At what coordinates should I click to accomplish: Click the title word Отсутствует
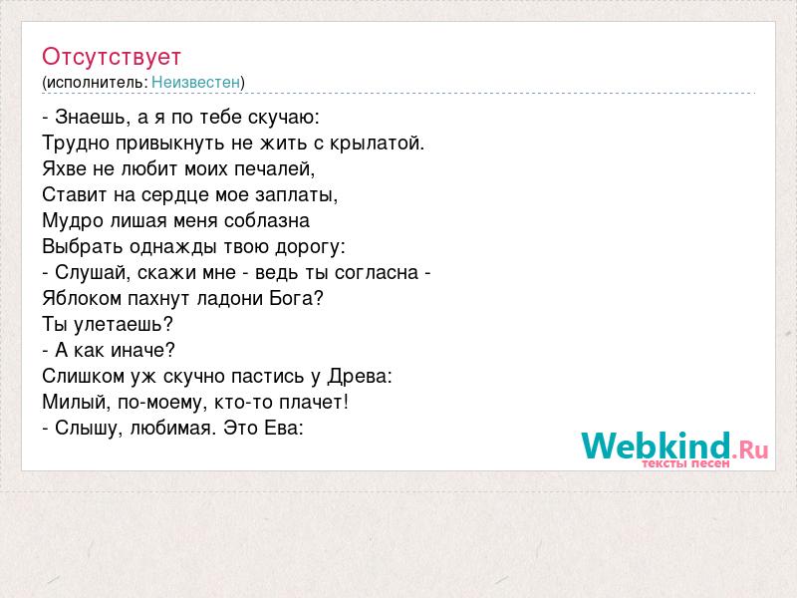point(112,57)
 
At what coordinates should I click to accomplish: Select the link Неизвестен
point(195,82)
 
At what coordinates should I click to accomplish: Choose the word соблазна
point(267,220)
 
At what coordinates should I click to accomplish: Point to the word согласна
point(377,273)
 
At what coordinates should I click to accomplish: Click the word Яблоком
point(82,298)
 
